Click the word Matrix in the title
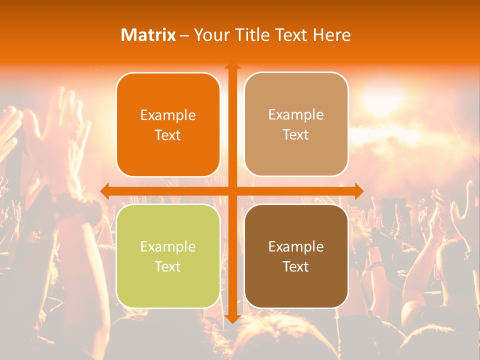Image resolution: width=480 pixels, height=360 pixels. click(148, 35)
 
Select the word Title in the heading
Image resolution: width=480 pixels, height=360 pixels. click(249, 35)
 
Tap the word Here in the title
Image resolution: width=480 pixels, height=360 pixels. click(331, 35)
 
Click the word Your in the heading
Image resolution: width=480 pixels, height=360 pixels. click(212, 35)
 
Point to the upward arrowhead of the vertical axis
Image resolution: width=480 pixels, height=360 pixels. click(232, 67)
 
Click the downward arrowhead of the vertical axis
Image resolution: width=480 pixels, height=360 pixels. click(232, 318)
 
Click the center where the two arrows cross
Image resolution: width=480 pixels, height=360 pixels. click(232, 190)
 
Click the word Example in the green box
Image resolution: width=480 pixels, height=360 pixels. click(168, 246)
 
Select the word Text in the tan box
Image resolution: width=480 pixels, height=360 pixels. click(296, 134)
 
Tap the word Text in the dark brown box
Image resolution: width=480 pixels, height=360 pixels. click(296, 266)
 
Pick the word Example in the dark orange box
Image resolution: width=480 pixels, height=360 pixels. click(168, 115)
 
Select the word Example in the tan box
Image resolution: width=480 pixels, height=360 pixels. click(296, 114)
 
